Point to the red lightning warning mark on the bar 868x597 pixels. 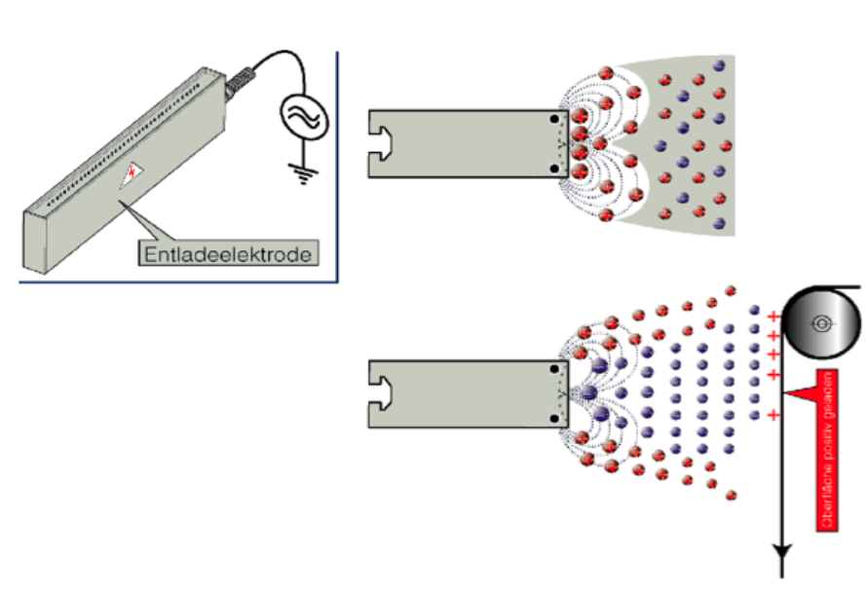[130, 174]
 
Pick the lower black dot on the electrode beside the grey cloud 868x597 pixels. [554, 168]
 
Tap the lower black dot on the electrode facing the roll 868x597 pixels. [554, 419]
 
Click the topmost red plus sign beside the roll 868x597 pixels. [773, 317]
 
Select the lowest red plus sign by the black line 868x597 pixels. [773, 416]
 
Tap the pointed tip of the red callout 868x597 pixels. [786, 393]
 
